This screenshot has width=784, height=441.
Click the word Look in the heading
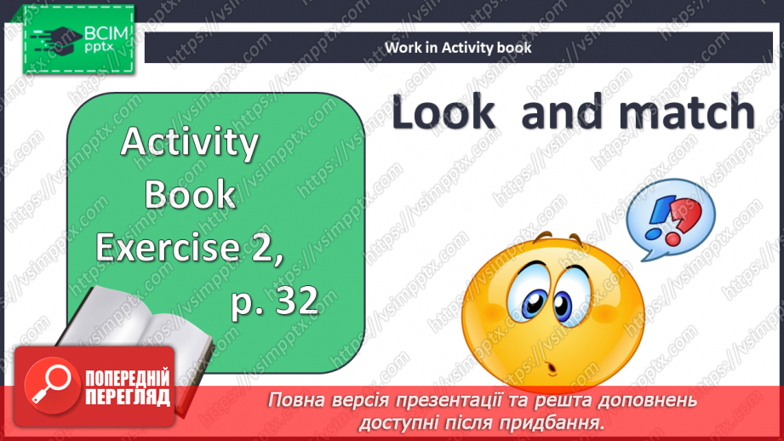pos(444,113)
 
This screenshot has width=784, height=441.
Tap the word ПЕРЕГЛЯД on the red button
pos(126,398)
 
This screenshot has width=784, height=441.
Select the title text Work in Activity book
pos(458,48)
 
